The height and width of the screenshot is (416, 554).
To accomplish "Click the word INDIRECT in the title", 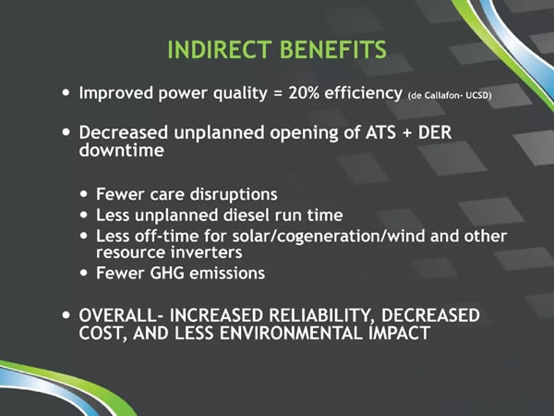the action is coord(220,50).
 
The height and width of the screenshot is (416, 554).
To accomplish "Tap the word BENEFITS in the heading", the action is coord(333,50).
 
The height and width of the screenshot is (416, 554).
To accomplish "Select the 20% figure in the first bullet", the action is coord(304,93).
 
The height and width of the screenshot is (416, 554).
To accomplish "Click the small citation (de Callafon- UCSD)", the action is coord(450,95).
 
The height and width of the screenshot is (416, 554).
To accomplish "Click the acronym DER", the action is coord(435,132).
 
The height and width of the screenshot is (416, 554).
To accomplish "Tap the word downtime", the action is coord(122,150).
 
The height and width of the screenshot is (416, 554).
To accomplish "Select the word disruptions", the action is coord(234,194).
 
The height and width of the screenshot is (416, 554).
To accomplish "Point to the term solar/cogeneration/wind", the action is coord(329,237).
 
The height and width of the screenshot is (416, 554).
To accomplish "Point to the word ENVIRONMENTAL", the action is coord(291,333).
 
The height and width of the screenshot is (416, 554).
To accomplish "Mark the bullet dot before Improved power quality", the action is coord(66,93).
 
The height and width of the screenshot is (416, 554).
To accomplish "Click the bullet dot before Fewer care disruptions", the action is coord(84,194).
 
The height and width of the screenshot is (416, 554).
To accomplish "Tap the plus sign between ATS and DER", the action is coord(407,133).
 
